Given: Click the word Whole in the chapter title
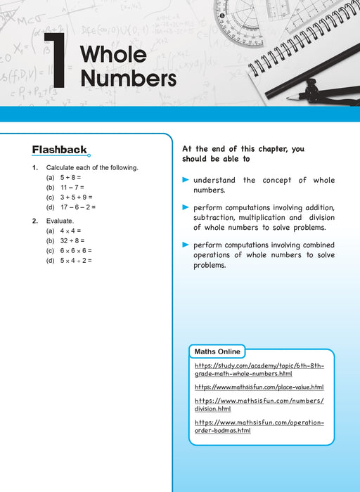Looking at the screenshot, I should pyautogui.click(x=113, y=54).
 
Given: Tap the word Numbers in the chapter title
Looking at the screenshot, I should pyautogui.click(x=128, y=78).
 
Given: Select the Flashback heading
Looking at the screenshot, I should pyautogui.click(x=60, y=149).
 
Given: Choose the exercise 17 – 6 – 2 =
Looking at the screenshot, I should pyautogui.click(x=77, y=207).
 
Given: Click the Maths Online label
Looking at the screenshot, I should pyautogui.click(x=217, y=351).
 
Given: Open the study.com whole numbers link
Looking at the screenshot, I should pyautogui.click(x=259, y=370).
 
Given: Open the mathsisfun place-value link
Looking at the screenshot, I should pyautogui.click(x=259, y=387).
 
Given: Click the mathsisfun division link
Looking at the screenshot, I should pyautogui.click(x=259, y=404).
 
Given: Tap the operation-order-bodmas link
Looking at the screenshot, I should pyautogui.click(x=259, y=426).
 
